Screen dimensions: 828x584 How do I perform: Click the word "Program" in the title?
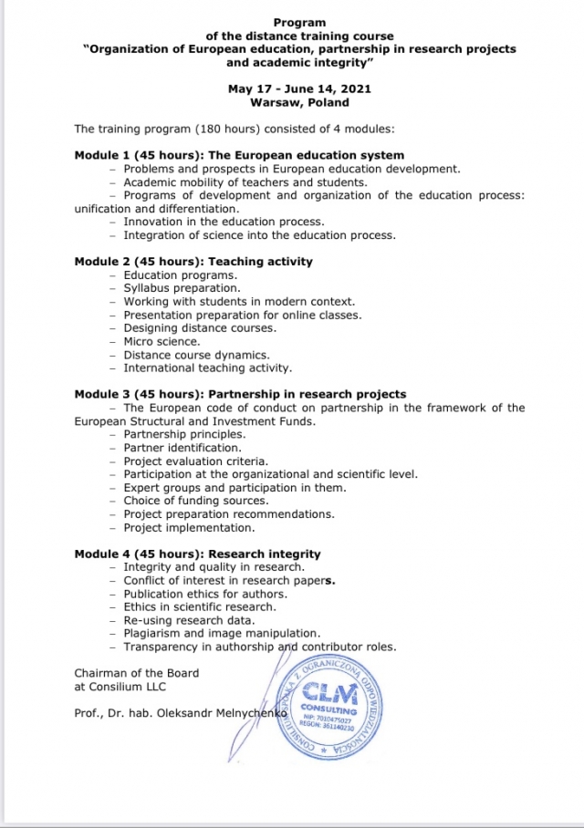(299, 22)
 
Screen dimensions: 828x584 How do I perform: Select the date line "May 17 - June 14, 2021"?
(299, 89)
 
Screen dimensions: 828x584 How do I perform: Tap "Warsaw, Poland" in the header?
(299, 103)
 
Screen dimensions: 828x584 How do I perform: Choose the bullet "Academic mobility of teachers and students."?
(245, 182)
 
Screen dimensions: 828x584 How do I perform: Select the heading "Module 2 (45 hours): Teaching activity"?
(193, 262)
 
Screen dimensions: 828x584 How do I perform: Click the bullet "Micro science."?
(162, 342)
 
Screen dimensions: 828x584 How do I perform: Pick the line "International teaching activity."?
(208, 368)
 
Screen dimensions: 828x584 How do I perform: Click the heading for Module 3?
(240, 395)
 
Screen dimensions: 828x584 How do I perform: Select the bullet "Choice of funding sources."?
(196, 501)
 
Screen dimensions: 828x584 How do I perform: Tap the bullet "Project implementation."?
(190, 528)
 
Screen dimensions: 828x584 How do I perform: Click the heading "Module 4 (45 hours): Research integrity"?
(197, 554)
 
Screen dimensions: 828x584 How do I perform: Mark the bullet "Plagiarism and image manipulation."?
(222, 634)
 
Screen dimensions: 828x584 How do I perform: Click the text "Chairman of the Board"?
(136, 673)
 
